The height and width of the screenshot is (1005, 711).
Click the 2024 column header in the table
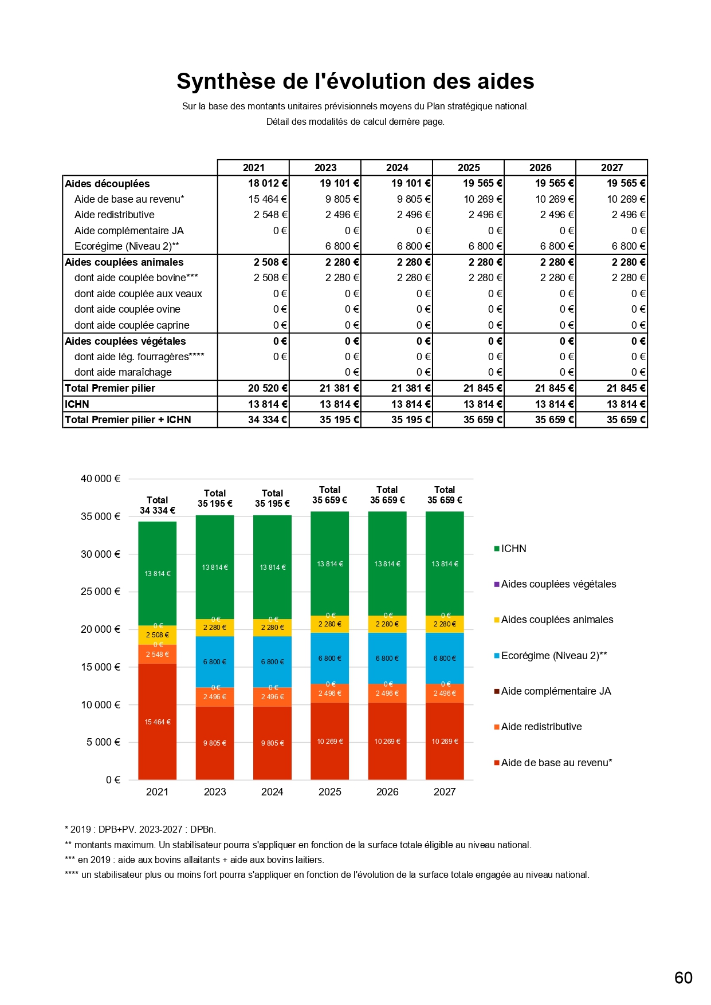[x=396, y=168]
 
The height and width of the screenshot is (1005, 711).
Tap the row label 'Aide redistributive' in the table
[x=115, y=215]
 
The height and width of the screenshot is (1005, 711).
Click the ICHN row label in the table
[x=77, y=404]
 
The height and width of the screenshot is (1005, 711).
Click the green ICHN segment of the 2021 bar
[x=158, y=573]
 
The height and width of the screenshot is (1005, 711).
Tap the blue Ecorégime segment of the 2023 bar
[x=215, y=661]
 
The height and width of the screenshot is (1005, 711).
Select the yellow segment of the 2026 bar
[x=387, y=624]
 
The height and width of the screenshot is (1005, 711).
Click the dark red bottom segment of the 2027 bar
[x=445, y=741]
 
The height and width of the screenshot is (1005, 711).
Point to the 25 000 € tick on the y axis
[x=100, y=592]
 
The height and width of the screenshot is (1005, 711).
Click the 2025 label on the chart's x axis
[x=330, y=792]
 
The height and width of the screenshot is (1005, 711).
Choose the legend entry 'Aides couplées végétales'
[x=558, y=584]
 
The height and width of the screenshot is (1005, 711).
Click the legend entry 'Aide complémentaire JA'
[x=556, y=691]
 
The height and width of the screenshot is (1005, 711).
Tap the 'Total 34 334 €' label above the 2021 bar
[x=158, y=505]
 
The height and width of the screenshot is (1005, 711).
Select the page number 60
[x=683, y=978]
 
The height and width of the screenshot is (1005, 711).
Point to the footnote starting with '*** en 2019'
[x=195, y=860]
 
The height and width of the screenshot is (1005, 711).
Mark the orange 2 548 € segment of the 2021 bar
[x=158, y=655]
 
